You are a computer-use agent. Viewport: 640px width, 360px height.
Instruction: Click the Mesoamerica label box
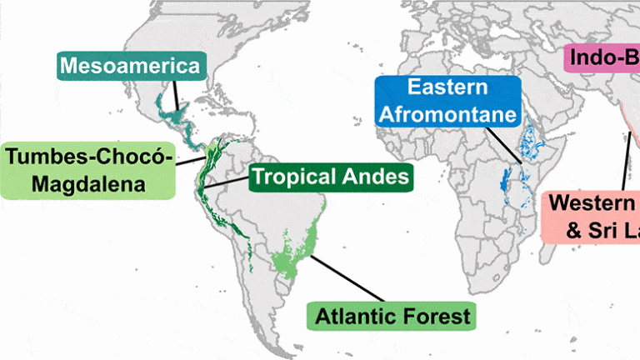[131, 66]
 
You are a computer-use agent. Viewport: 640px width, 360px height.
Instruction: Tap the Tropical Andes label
[331, 177]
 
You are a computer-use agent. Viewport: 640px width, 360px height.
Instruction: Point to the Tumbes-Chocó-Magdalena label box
[89, 170]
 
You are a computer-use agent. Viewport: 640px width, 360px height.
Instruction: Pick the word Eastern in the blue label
[447, 87]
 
